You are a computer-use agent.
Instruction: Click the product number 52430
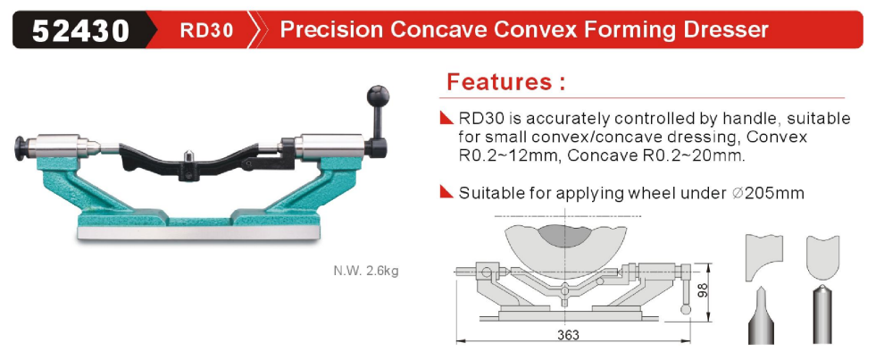(x=80, y=29)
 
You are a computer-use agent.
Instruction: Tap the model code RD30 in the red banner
(x=207, y=29)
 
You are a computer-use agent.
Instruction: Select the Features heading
(x=505, y=82)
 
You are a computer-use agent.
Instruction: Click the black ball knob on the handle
(x=379, y=95)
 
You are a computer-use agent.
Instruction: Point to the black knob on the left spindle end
(x=21, y=147)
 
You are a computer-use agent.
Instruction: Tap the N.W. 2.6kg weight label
(x=366, y=271)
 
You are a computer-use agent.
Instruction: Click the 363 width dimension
(x=568, y=335)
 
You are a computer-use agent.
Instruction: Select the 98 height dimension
(x=703, y=291)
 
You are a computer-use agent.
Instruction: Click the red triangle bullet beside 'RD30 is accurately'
(x=446, y=118)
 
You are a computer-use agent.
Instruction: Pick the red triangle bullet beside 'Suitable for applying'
(x=446, y=192)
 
